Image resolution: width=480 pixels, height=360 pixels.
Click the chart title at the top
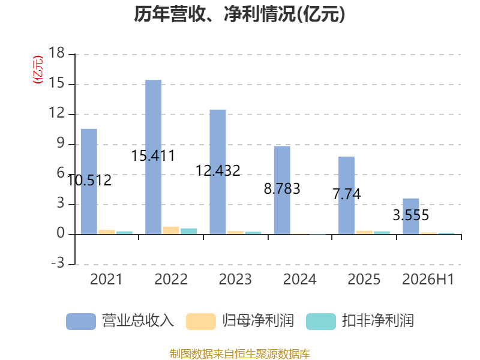point(239,14)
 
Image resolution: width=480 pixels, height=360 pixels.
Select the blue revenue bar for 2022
point(154,157)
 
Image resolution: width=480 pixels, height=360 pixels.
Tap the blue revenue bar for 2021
point(89,182)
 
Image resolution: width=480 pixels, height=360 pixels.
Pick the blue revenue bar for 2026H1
point(411,217)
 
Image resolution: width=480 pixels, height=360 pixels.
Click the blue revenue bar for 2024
point(282,190)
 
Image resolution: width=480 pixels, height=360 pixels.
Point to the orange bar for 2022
point(171,230)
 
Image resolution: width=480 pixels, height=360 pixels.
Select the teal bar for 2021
point(125,233)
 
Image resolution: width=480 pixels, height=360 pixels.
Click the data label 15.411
point(153,155)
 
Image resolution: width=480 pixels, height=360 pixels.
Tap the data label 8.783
point(282,188)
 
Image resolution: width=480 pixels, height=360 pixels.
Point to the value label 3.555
point(411,215)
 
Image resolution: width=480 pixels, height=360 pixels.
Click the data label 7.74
point(347,194)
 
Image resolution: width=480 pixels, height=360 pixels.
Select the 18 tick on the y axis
point(56,53)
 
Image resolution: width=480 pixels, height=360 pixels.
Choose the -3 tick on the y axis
point(58,263)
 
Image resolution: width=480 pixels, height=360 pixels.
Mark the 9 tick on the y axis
point(61,143)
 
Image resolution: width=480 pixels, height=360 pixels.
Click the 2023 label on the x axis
point(235,279)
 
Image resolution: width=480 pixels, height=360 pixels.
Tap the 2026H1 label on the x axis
point(428,279)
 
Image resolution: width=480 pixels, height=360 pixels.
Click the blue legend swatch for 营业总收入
point(81,322)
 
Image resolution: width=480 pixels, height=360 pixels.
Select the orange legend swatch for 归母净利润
point(201,322)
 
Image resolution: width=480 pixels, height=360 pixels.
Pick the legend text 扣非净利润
point(378,321)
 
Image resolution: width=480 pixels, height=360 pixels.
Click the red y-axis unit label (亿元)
point(38,70)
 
